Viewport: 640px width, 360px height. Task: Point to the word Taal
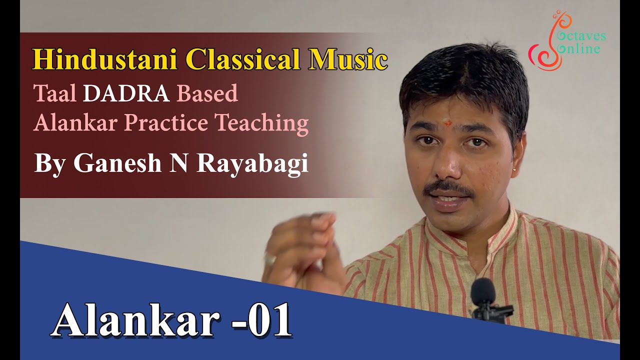54,94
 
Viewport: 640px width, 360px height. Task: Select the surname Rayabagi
252,164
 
